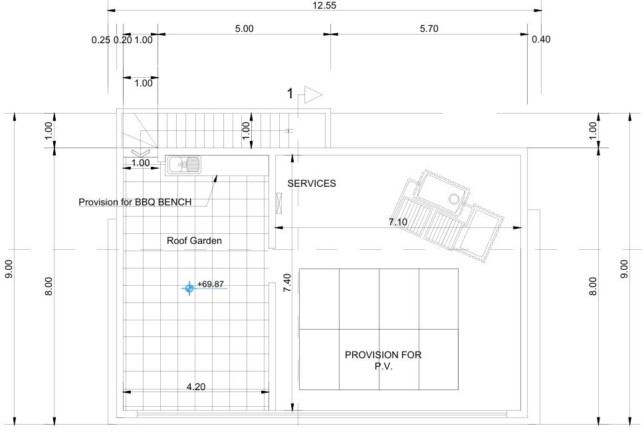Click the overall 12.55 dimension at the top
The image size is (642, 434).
[324, 5]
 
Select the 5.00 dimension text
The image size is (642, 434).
[244, 29]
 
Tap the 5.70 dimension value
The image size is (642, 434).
[429, 29]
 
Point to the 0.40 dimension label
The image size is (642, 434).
[541, 39]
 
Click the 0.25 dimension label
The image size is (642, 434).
[101, 40]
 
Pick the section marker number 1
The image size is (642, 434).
[290, 94]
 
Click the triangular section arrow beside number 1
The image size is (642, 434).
[313, 95]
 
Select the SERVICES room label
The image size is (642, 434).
[312, 183]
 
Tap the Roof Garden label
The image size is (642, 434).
[194, 241]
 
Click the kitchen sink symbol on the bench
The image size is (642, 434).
[183, 165]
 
